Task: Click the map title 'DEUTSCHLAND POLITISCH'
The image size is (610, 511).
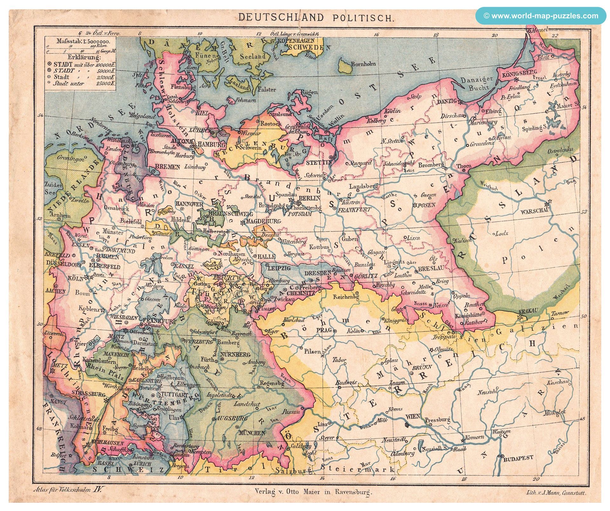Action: tap(315, 17)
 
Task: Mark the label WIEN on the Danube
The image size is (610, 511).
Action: tap(412, 416)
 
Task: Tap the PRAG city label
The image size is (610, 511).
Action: tap(324, 330)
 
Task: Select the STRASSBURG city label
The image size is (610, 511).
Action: tap(87, 394)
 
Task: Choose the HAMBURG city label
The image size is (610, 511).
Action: tap(208, 144)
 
